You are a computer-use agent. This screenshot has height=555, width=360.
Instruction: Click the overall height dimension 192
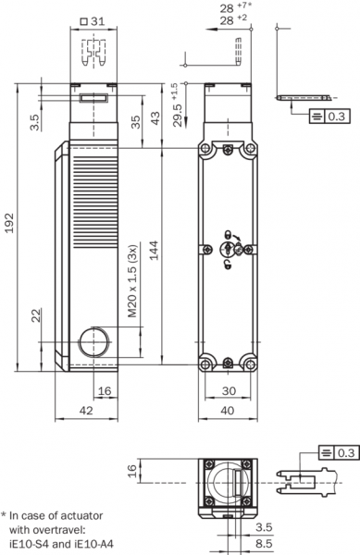click(x=9, y=223)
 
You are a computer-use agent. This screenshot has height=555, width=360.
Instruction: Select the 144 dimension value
click(x=154, y=250)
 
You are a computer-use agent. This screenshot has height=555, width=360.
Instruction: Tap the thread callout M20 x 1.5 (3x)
click(x=132, y=280)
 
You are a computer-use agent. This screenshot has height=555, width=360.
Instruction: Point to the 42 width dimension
click(x=86, y=410)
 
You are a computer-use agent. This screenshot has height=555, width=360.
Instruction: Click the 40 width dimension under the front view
click(x=228, y=410)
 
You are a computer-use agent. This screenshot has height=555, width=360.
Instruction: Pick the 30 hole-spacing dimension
click(x=229, y=390)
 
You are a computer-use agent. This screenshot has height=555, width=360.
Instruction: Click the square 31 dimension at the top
click(x=93, y=21)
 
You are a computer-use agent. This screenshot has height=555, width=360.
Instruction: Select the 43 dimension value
click(x=155, y=118)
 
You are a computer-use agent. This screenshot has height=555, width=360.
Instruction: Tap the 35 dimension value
click(x=135, y=122)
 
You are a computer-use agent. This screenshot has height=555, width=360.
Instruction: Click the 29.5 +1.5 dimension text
click(x=177, y=105)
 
